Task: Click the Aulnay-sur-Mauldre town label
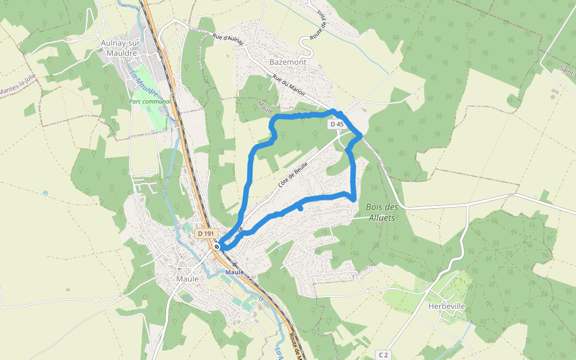click(120, 48)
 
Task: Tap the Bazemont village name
click(288, 62)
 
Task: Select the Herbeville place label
click(446, 306)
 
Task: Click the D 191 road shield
click(205, 233)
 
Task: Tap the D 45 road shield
click(337, 124)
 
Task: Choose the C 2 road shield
click(384, 355)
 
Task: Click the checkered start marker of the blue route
click(217, 246)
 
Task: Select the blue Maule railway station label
click(235, 272)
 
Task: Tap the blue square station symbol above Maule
click(235, 264)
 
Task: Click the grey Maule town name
click(187, 279)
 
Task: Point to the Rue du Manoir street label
click(289, 85)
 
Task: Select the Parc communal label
click(150, 101)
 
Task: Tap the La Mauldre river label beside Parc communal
click(143, 84)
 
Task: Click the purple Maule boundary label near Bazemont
click(265, 107)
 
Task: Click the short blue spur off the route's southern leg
click(299, 208)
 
